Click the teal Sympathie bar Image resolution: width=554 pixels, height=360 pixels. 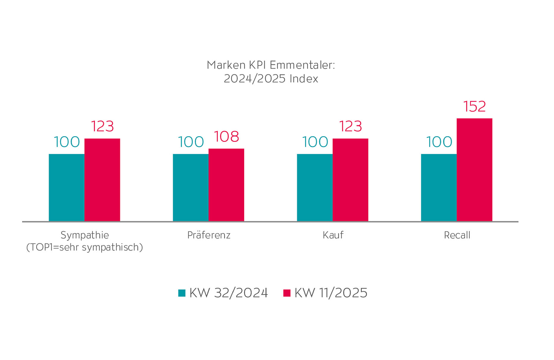tap(66, 187)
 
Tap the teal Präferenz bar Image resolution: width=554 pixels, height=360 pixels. tap(191, 187)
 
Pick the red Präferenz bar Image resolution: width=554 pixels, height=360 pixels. tap(226, 185)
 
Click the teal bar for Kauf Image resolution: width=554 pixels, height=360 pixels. tap(315, 187)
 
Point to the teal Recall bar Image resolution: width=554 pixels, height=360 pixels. tap(439, 187)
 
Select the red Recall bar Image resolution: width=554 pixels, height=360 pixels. tap(474, 170)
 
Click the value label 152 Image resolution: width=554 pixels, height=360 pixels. tap(474, 106)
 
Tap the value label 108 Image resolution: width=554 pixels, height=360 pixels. tap(226, 136)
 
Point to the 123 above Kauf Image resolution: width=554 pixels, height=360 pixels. tap(351, 126)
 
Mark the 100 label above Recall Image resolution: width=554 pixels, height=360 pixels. tap(439, 142)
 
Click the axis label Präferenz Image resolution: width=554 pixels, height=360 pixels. tap(209, 235)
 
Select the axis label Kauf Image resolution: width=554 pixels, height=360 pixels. tap(333, 235)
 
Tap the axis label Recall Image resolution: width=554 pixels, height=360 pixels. tap(457, 235)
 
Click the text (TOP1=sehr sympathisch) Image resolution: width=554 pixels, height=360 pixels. tap(85, 247)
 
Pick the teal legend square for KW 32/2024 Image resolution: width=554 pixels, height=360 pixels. tap(182, 293)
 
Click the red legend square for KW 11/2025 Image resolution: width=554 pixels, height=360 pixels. tap(287, 293)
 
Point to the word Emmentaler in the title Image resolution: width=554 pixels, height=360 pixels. tap(303, 65)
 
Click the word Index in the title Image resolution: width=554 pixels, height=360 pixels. tap(304, 79)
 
